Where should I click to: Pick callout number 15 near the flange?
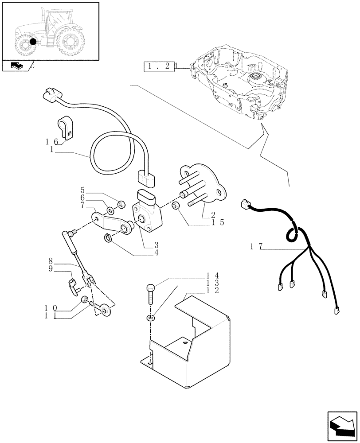(216, 222)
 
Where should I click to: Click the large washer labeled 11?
(105, 310)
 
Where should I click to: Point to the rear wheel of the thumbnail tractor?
(70, 42)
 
